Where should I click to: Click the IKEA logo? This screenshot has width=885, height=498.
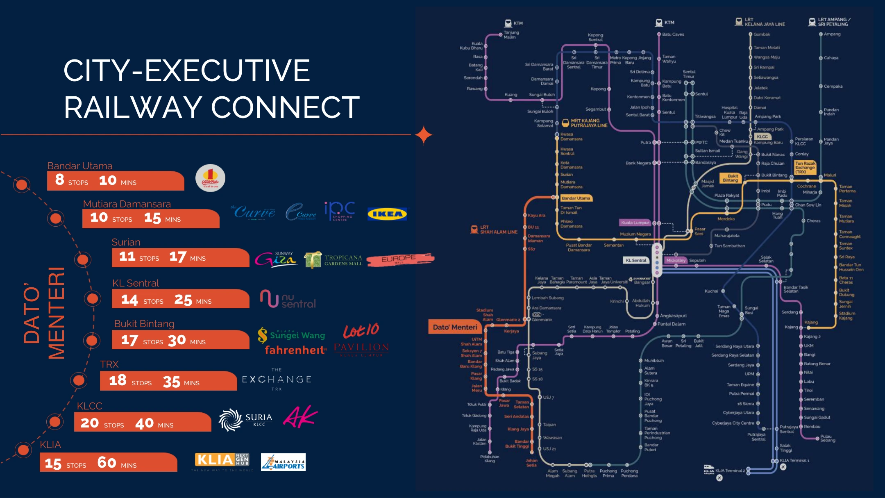(x=387, y=214)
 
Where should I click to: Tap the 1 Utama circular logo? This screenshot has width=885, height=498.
(x=210, y=178)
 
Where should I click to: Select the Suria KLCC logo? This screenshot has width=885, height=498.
(x=245, y=420)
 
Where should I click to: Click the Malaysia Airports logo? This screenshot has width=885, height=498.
(x=283, y=462)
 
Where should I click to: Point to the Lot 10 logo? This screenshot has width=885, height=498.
(x=361, y=330)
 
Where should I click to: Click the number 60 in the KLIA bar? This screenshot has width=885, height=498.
(x=107, y=463)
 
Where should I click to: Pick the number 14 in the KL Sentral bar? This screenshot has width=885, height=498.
(x=129, y=300)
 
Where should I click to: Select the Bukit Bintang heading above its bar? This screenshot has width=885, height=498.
(x=144, y=324)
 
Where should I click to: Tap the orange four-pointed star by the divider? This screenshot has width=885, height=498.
(x=424, y=135)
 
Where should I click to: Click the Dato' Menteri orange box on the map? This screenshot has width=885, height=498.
(x=455, y=327)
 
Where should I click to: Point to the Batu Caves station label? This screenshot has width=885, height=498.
(x=673, y=34)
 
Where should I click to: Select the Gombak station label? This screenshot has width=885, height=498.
(x=762, y=34)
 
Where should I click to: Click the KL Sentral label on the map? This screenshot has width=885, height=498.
(x=636, y=260)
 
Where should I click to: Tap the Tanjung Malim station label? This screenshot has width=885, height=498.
(x=511, y=35)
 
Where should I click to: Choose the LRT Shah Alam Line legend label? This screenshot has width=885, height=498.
(x=498, y=230)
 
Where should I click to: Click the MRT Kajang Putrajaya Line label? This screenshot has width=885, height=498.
(x=589, y=123)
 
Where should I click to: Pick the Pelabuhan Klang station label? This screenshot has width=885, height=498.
(x=490, y=459)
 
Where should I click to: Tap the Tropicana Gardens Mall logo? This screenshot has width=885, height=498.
(x=334, y=260)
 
